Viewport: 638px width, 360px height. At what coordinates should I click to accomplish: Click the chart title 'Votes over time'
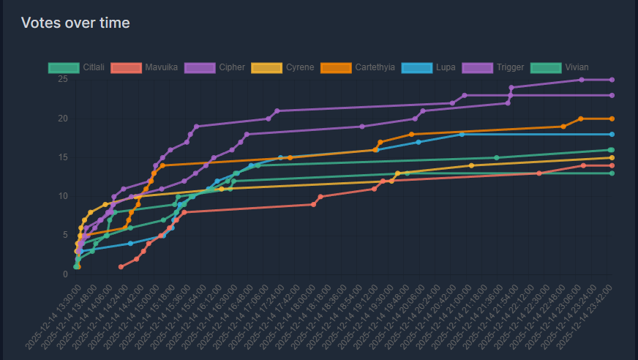pos(75,23)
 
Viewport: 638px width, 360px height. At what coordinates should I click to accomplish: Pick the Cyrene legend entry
pos(282,67)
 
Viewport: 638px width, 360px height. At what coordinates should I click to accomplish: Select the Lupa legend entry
pos(431,67)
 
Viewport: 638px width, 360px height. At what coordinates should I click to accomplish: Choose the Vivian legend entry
pos(563,67)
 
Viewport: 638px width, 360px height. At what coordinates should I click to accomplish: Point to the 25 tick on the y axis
pos(63,79)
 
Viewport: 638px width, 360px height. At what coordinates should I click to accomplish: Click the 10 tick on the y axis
pos(63,196)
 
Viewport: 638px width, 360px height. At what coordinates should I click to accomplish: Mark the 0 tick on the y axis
pos(65,274)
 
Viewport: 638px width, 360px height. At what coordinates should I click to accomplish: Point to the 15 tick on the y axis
pos(63,157)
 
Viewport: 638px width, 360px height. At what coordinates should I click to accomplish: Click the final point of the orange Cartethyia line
pos(612,119)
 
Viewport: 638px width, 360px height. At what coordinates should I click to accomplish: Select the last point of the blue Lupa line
pos(612,135)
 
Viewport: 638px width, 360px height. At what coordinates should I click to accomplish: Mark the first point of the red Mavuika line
pos(121,266)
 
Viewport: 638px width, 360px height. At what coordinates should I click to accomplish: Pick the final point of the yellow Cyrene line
pos(612,157)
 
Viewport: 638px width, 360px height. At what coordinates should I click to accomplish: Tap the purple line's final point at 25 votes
pos(612,80)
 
